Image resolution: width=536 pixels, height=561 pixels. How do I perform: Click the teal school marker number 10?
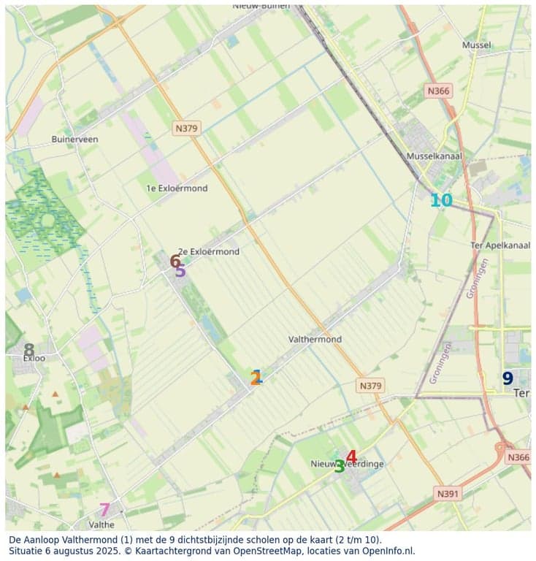click(440, 200)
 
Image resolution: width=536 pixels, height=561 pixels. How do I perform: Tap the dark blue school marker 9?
click(508, 378)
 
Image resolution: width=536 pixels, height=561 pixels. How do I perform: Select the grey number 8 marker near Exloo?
click(29, 351)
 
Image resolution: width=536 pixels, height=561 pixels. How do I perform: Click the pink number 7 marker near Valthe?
click(104, 510)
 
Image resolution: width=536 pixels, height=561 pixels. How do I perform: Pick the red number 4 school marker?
click(351, 457)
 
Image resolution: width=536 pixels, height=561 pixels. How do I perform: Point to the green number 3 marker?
click(340, 466)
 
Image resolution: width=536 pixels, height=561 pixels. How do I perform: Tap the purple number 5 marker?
click(180, 271)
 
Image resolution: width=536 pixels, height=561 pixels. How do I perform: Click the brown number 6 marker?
click(175, 261)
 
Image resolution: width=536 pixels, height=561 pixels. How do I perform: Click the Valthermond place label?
click(315, 340)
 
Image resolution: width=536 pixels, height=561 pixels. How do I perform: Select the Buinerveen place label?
click(74, 139)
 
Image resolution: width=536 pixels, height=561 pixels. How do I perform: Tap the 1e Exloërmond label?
click(177, 188)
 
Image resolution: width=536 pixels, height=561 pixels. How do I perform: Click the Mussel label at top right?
click(476, 45)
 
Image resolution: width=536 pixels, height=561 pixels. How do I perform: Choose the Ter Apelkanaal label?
click(501, 245)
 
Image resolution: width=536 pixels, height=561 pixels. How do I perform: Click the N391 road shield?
click(448, 494)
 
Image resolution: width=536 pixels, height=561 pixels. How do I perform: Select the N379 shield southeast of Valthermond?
click(371, 385)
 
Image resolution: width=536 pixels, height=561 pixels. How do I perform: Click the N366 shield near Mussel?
click(438, 90)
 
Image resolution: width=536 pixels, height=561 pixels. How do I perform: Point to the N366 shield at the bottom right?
click(518, 457)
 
